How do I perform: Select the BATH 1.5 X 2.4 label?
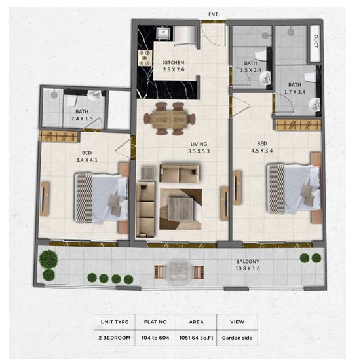250,67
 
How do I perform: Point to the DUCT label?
316,43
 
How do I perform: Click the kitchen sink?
164,34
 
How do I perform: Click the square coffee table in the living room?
180,209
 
